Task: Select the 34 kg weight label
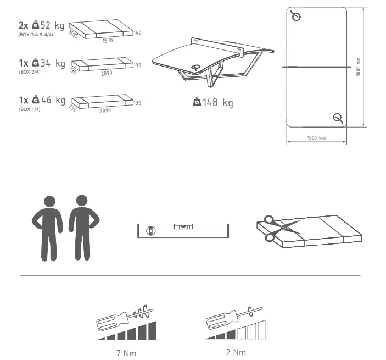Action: click(x=52, y=64)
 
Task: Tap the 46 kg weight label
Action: click(x=52, y=100)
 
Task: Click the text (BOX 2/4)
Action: click(x=30, y=72)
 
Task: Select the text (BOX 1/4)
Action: click(x=30, y=109)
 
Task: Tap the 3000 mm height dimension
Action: click(x=358, y=67)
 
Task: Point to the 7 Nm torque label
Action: click(x=126, y=352)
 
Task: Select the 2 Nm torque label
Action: click(x=236, y=352)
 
